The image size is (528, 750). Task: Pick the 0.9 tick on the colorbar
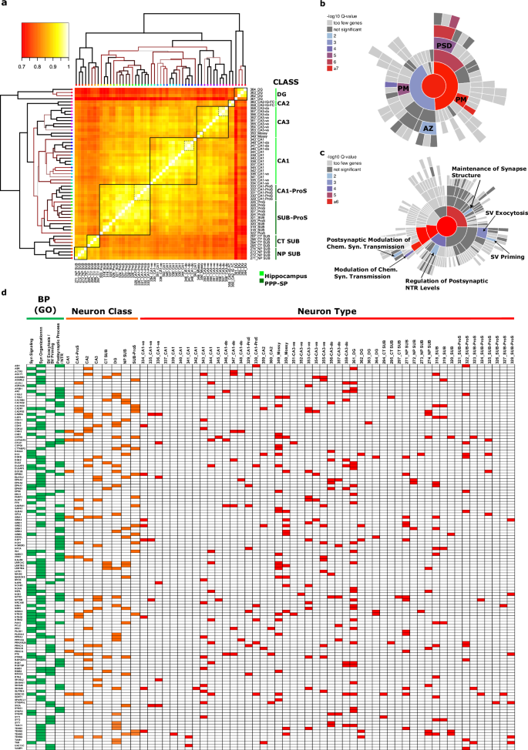(59, 67)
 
